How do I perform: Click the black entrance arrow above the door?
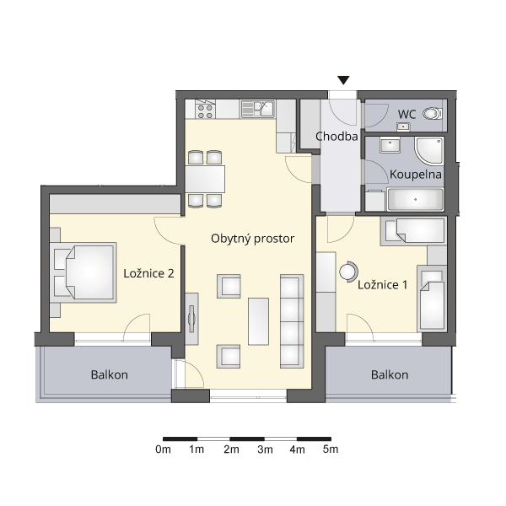click(x=343, y=80)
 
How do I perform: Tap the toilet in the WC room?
click(x=433, y=114)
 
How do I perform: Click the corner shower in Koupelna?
click(x=429, y=151)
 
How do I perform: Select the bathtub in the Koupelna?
click(x=415, y=199)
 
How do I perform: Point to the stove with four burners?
click(x=206, y=109)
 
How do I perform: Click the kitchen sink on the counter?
click(x=258, y=109)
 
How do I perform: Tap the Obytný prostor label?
click(x=253, y=239)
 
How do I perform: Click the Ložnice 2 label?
click(x=148, y=273)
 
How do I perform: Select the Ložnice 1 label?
click(x=382, y=285)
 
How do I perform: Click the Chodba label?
click(x=336, y=137)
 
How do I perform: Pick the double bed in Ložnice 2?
click(x=83, y=272)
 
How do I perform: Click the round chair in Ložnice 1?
click(x=348, y=272)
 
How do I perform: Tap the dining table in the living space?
click(x=205, y=179)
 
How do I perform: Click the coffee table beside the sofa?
click(x=258, y=321)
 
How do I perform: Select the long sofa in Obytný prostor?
click(x=292, y=321)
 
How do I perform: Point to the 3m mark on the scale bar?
click(x=264, y=439)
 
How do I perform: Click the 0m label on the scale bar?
click(x=163, y=449)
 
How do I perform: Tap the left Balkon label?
click(x=110, y=374)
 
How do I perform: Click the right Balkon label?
click(x=390, y=374)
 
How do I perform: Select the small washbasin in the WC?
click(x=403, y=126)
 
